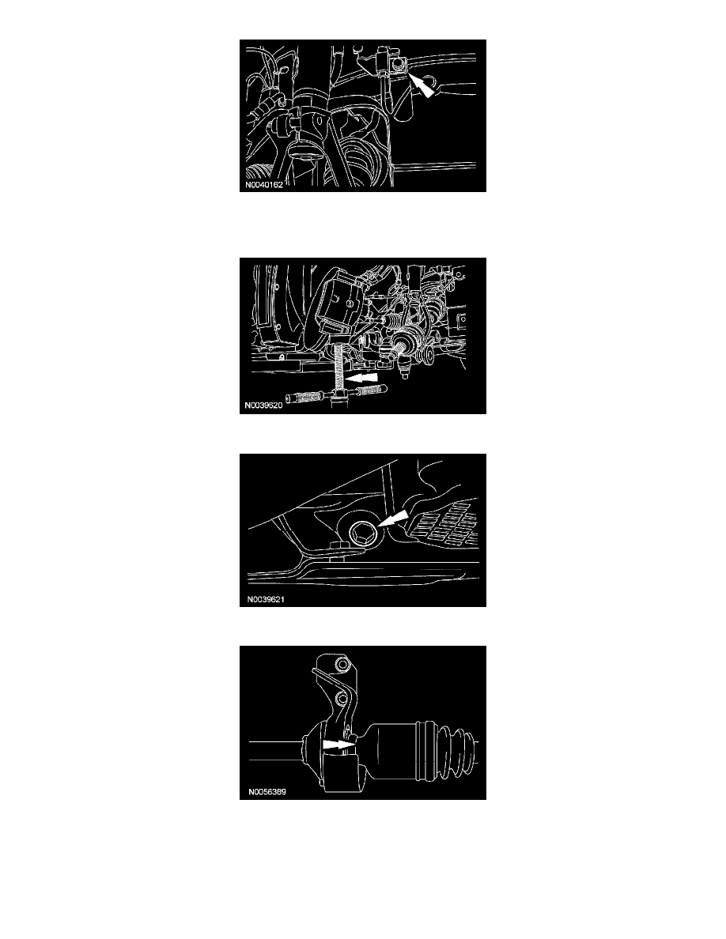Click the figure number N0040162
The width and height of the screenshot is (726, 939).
[x=263, y=185]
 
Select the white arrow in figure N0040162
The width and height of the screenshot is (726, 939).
[x=422, y=85]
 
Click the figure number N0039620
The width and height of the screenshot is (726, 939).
[x=263, y=405]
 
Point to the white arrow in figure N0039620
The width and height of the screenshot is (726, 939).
[x=364, y=379]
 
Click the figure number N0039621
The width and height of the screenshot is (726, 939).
[x=266, y=599]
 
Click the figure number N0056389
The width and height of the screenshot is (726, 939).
[x=267, y=792]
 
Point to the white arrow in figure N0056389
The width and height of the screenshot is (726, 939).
[x=339, y=745]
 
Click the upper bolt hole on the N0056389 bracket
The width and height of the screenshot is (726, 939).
[x=342, y=666]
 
